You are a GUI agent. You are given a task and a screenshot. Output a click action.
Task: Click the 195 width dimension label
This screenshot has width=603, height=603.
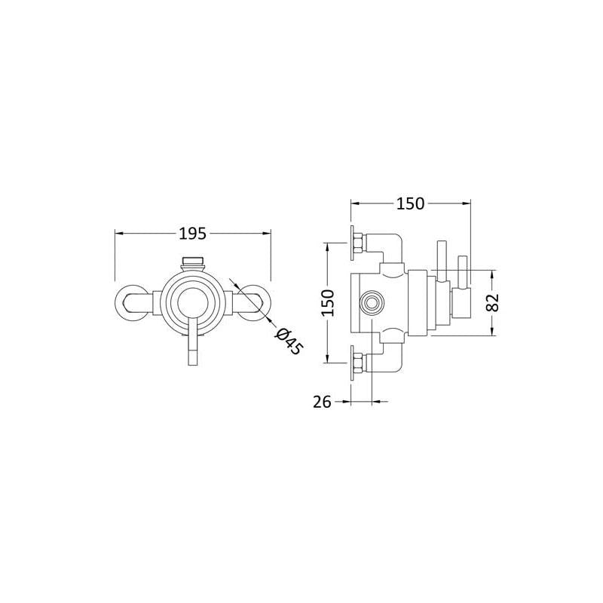[193, 234]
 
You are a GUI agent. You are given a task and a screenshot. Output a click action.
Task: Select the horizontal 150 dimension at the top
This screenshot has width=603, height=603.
[410, 204]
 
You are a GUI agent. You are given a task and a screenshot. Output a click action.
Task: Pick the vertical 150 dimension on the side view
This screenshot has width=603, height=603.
[328, 303]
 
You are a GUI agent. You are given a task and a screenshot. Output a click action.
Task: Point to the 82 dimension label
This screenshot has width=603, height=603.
[493, 302]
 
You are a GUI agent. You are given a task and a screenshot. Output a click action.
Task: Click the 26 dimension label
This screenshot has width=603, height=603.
[322, 402]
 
